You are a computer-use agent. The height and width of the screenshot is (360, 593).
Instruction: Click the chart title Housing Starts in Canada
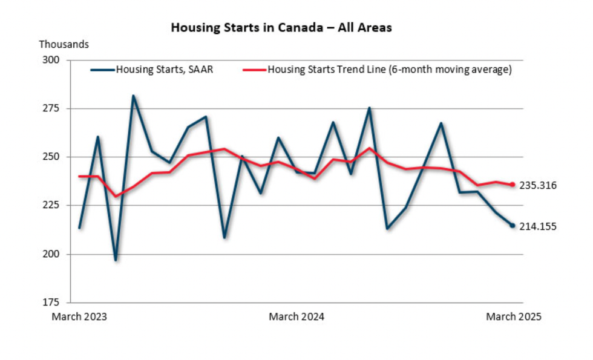tap(281, 28)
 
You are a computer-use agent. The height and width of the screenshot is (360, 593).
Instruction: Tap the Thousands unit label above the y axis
tap(64, 44)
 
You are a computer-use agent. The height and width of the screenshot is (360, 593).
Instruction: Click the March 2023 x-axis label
tap(79, 317)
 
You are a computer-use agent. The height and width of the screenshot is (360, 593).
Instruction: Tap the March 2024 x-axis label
tap(296, 317)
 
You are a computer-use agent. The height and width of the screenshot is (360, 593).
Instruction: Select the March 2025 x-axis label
tap(514, 317)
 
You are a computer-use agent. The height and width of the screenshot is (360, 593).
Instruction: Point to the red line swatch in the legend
tap(254, 70)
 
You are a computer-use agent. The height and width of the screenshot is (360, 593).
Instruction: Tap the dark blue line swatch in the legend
tap(102, 70)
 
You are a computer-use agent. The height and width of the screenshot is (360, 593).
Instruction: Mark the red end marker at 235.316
tap(513, 185)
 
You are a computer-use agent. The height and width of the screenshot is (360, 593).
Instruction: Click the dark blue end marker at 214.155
tap(513, 226)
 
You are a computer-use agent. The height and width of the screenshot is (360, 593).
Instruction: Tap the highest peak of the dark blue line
tap(133, 96)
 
